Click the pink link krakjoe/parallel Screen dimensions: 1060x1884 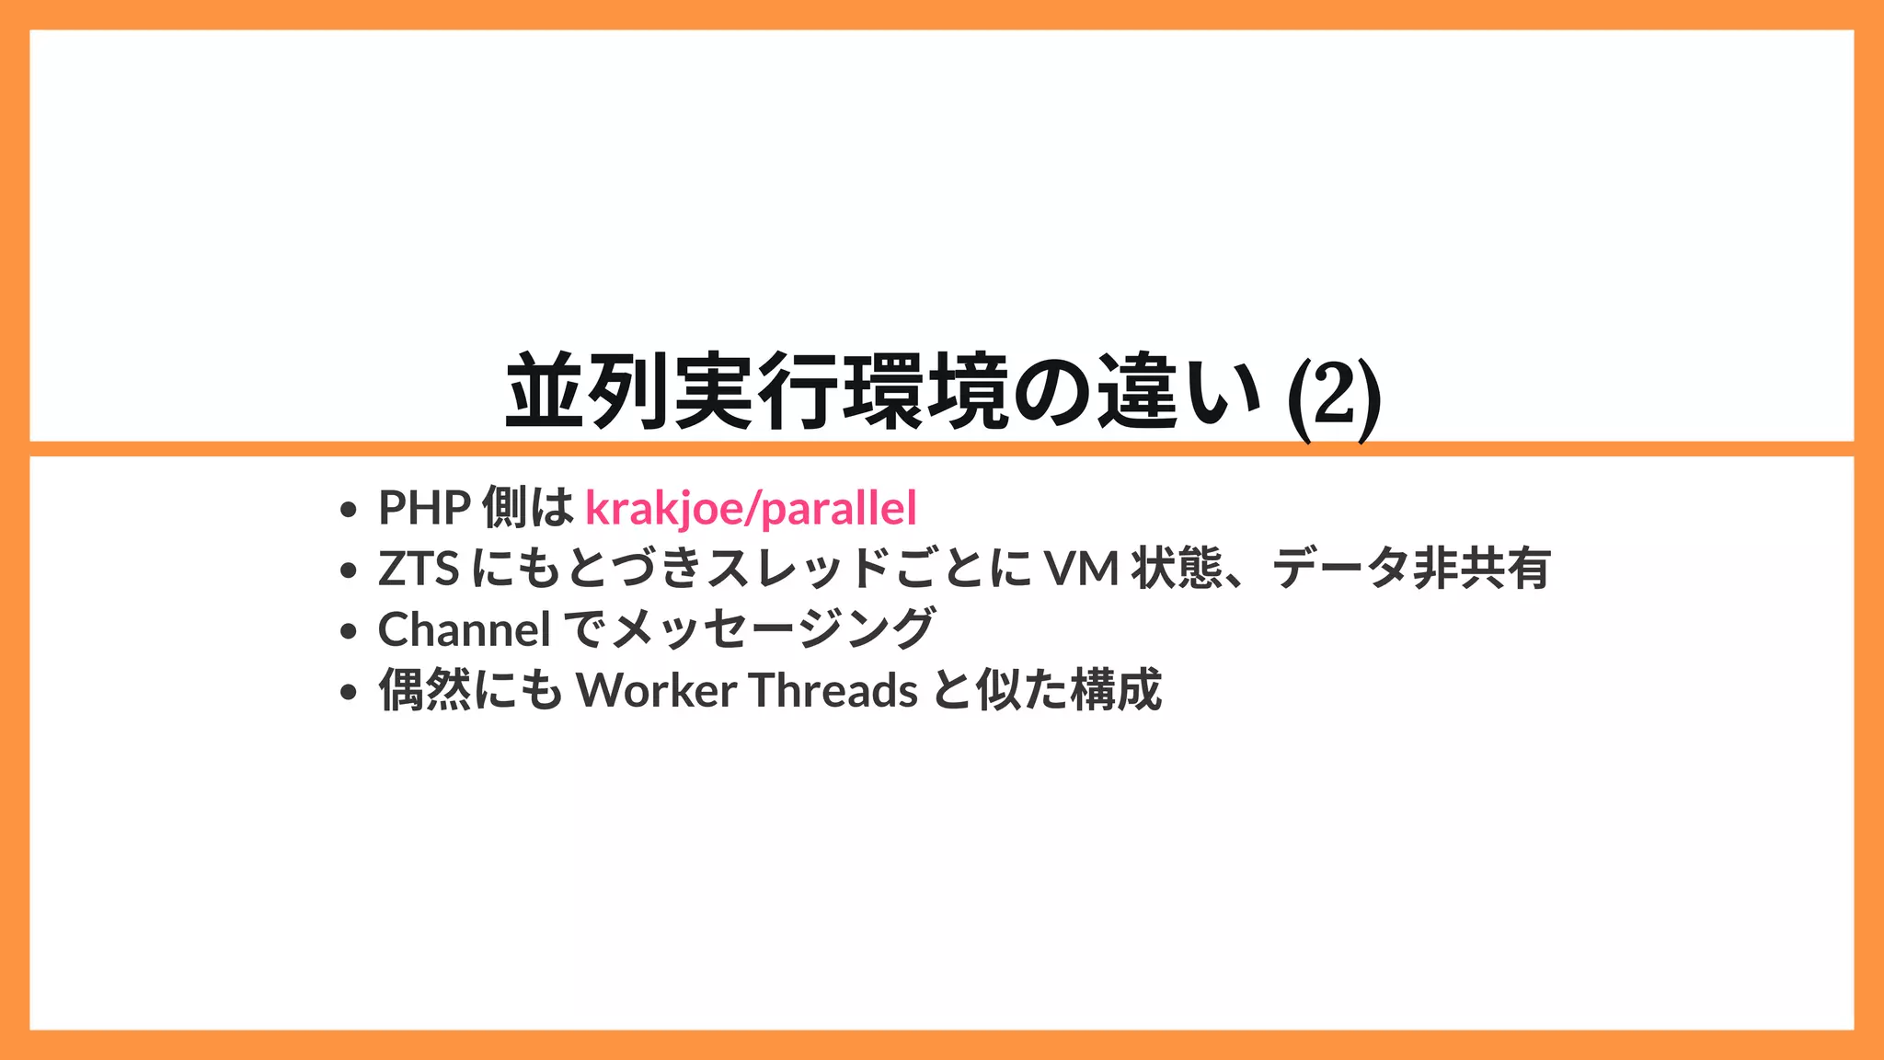[x=751, y=508]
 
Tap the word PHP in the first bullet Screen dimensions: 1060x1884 [x=425, y=508]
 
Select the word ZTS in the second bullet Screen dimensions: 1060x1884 [x=419, y=569]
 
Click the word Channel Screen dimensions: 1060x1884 [x=465, y=630]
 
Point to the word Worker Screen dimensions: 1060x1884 [x=656, y=690]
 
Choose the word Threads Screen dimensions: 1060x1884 [x=833, y=690]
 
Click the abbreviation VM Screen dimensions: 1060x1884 [x=1082, y=569]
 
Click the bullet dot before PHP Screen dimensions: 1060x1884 [x=348, y=510]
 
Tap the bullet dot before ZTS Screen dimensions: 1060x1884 [x=348, y=570]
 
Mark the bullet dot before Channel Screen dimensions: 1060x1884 [x=348, y=632]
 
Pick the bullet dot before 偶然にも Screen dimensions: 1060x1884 [x=348, y=692]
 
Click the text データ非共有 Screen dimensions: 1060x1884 [x=1411, y=569]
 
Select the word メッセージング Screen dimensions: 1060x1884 [x=773, y=630]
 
